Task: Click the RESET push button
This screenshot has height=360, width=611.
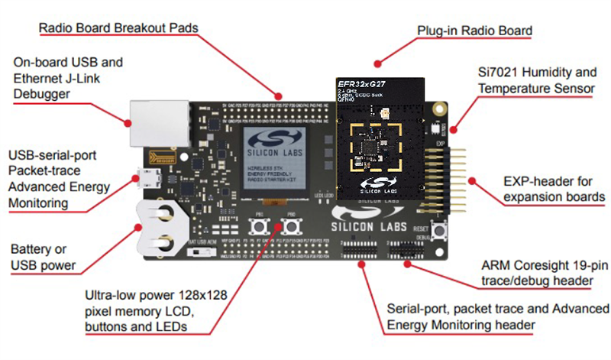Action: [441, 232]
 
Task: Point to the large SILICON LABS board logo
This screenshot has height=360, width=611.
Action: [371, 224]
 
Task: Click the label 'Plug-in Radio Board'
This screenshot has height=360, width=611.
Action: [474, 31]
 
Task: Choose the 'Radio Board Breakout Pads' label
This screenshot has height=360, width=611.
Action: [118, 28]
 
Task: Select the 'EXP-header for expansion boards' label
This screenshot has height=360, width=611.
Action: [545, 190]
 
